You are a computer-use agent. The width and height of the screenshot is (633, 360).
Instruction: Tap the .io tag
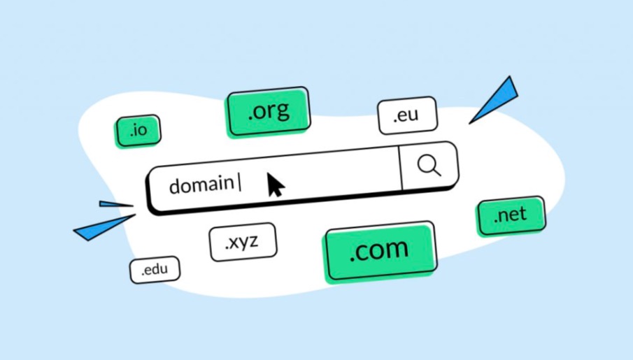click(138, 131)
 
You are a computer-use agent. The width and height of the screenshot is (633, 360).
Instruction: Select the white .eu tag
click(407, 115)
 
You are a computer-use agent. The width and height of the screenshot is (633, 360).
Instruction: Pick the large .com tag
click(378, 250)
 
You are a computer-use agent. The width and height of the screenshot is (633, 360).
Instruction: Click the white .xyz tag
click(242, 242)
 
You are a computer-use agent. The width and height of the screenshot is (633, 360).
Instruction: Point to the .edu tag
click(154, 270)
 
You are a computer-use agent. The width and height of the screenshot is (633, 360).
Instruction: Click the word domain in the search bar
click(201, 185)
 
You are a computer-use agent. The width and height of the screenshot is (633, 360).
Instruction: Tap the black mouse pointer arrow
click(276, 185)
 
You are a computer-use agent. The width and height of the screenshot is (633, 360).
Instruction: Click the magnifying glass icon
click(428, 165)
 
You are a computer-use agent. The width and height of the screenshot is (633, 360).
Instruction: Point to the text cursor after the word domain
click(240, 183)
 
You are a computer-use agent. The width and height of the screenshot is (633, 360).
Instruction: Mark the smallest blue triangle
click(113, 204)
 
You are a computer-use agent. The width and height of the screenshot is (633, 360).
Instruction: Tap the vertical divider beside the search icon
click(401, 168)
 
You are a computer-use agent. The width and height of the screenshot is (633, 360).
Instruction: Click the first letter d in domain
click(175, 185)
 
